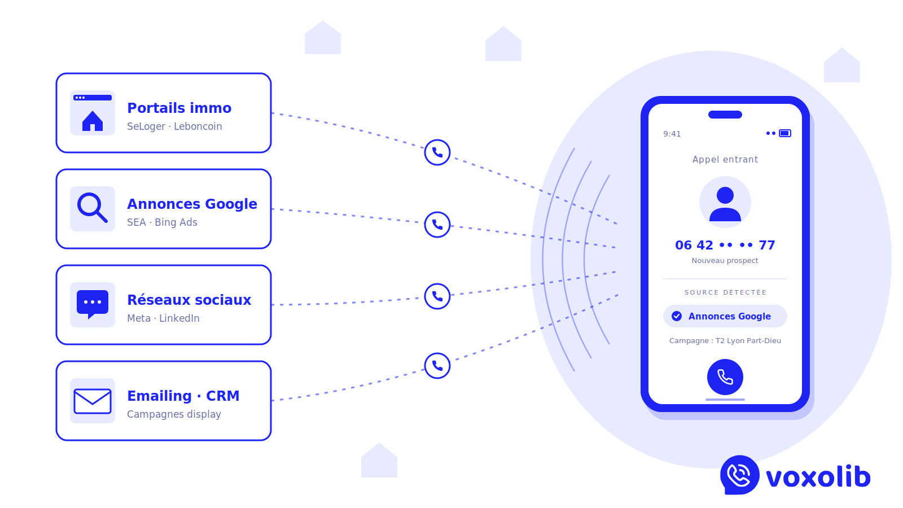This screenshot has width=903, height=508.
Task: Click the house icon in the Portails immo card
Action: coord(93,120)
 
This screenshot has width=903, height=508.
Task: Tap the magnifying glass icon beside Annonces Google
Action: coord(92,208)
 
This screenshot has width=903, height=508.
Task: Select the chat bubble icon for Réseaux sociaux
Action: coord(93,304)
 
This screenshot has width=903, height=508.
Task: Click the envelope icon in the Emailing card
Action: coord(93,401)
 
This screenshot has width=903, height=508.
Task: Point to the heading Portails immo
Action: coord(179,108)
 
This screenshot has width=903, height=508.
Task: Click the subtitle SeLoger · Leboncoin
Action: coord(174,126)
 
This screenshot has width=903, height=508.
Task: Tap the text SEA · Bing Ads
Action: coord(162,222)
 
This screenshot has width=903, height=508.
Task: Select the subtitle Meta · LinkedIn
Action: coord(163,318)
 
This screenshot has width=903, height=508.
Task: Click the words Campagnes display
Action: coord(174,414)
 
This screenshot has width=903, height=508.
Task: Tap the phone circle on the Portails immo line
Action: coord(437,152)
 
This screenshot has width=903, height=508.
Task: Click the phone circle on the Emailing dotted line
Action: coord(437,366)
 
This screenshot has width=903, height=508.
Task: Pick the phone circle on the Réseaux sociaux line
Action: coord(437,296)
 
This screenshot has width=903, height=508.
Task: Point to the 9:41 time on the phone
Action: coord(672,134)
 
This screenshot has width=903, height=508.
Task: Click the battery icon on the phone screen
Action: coord(785,133)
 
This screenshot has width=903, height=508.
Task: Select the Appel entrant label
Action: coord(725,160)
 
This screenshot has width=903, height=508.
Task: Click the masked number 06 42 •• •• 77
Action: coord(725,245)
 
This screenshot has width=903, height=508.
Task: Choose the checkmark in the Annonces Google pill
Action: coord(677,316)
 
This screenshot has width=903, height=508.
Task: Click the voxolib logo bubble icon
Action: coord(739,475)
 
